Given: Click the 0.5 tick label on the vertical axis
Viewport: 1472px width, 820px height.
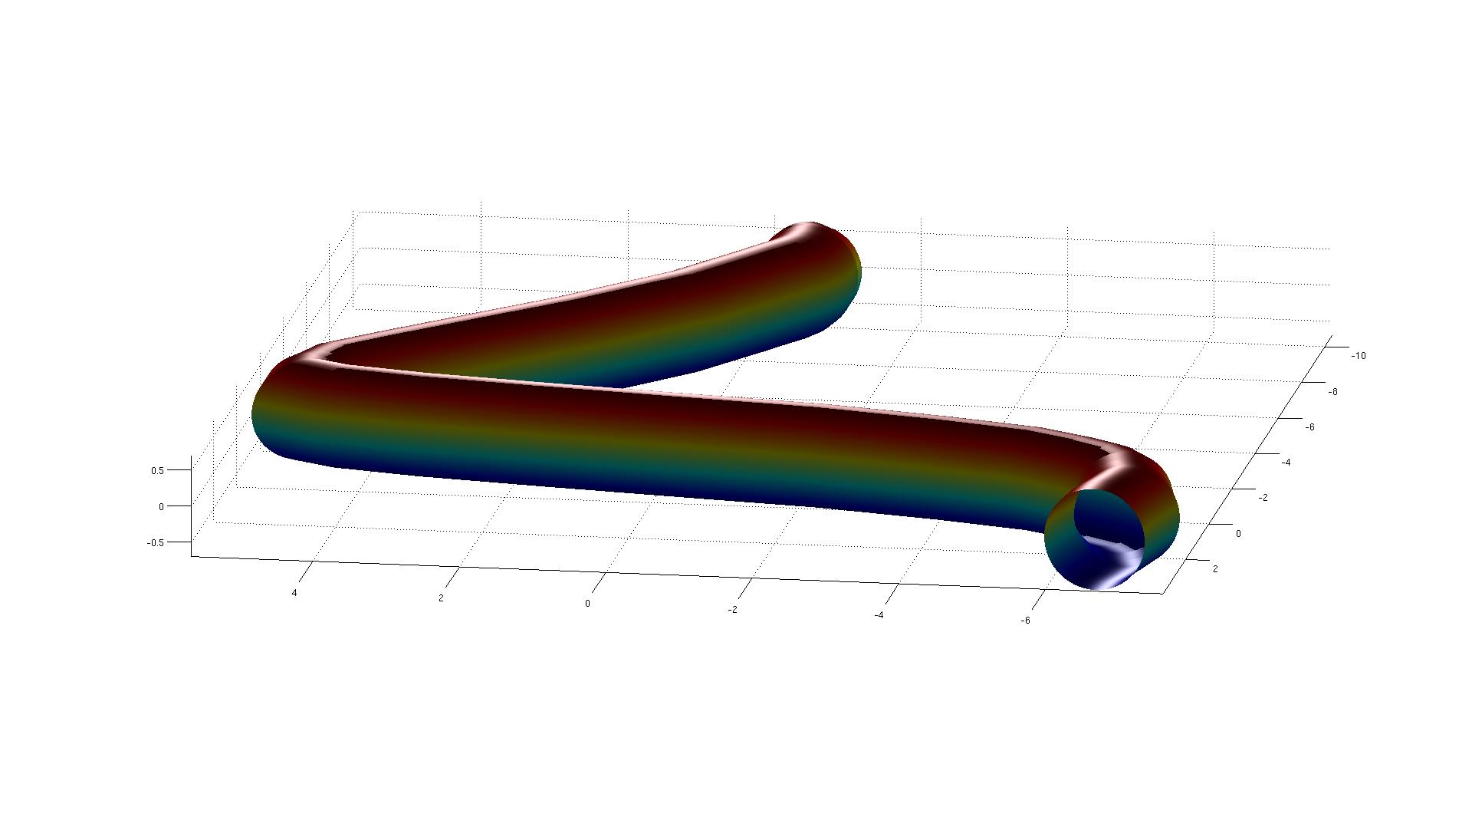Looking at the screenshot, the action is (157, 470).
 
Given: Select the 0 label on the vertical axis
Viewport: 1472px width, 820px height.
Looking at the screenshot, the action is (161, 506).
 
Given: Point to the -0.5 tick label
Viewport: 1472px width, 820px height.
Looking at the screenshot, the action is (155, 542).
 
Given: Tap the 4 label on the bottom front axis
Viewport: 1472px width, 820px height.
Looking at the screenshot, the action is (294, 593).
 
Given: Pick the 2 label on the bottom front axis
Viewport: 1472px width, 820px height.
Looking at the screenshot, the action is (441, 598).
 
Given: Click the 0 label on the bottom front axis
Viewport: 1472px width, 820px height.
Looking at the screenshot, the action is (588, 604).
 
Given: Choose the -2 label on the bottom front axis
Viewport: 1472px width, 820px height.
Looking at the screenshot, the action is (733, 610).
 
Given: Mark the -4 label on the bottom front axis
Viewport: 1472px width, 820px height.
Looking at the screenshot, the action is (879, 615).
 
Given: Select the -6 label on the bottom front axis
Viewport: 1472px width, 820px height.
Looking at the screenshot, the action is (1026, 621).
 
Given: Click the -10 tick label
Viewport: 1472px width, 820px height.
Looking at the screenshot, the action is (1358, 356).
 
